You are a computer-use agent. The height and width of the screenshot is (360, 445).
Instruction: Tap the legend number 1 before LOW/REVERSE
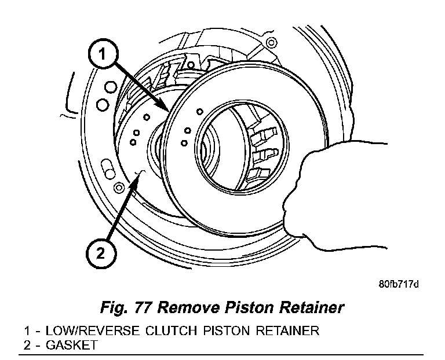pyautogui.click(x=27, y=332)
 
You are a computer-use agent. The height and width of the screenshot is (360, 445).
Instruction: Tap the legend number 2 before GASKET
pyautogui.click(x=27, y=345)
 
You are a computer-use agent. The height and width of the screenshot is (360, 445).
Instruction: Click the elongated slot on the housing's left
pyautogui.click(x=108, y=171)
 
